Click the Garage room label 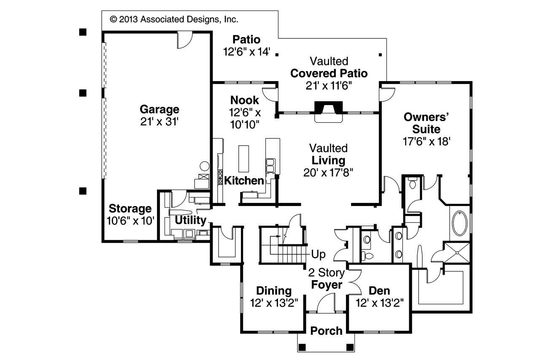[x=159, y=110]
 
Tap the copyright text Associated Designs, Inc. [x=174, y=19]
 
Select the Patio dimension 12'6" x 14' [x=246, y=52]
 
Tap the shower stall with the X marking [x=456, y=252]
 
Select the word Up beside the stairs [x=318, y=254]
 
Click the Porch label [x=326, y=331]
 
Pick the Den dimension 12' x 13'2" [x=380, y=303]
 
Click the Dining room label [x=274, y=291]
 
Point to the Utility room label [x=190, y=220]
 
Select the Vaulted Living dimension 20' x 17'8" [x=328, y=172]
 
